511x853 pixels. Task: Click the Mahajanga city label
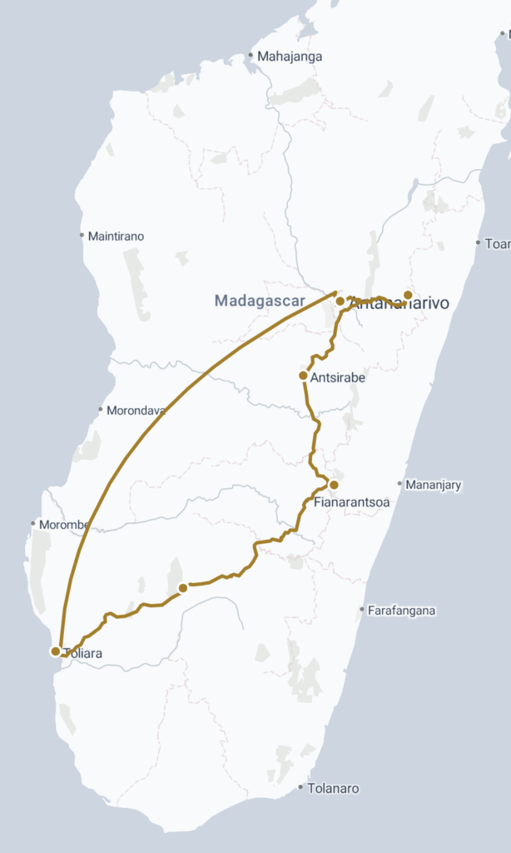(x=290, y=57)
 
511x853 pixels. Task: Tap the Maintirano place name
(x=116, y=237)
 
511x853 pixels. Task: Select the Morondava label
(x=136, y=410)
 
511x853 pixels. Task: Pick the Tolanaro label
(x=333, y=788)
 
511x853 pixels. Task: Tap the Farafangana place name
(x=402, y=611)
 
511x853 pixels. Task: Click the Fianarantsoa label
(x=352, y=502)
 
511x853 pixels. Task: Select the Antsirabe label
(x=337, y=377)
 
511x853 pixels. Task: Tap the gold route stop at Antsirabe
(x=303, y=376)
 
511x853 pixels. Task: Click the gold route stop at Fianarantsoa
(x=334, y=485)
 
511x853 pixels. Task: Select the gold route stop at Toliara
(x=56, y=651)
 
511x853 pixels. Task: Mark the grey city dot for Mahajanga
(x=250, y=57)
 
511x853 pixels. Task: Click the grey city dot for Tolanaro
(x=300, y=787)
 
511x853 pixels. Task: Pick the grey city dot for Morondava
(x=101, y=410)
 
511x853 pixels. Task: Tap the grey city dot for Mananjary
(x=400, y=484)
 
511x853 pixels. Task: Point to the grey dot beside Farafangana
(x=361, y=611)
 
